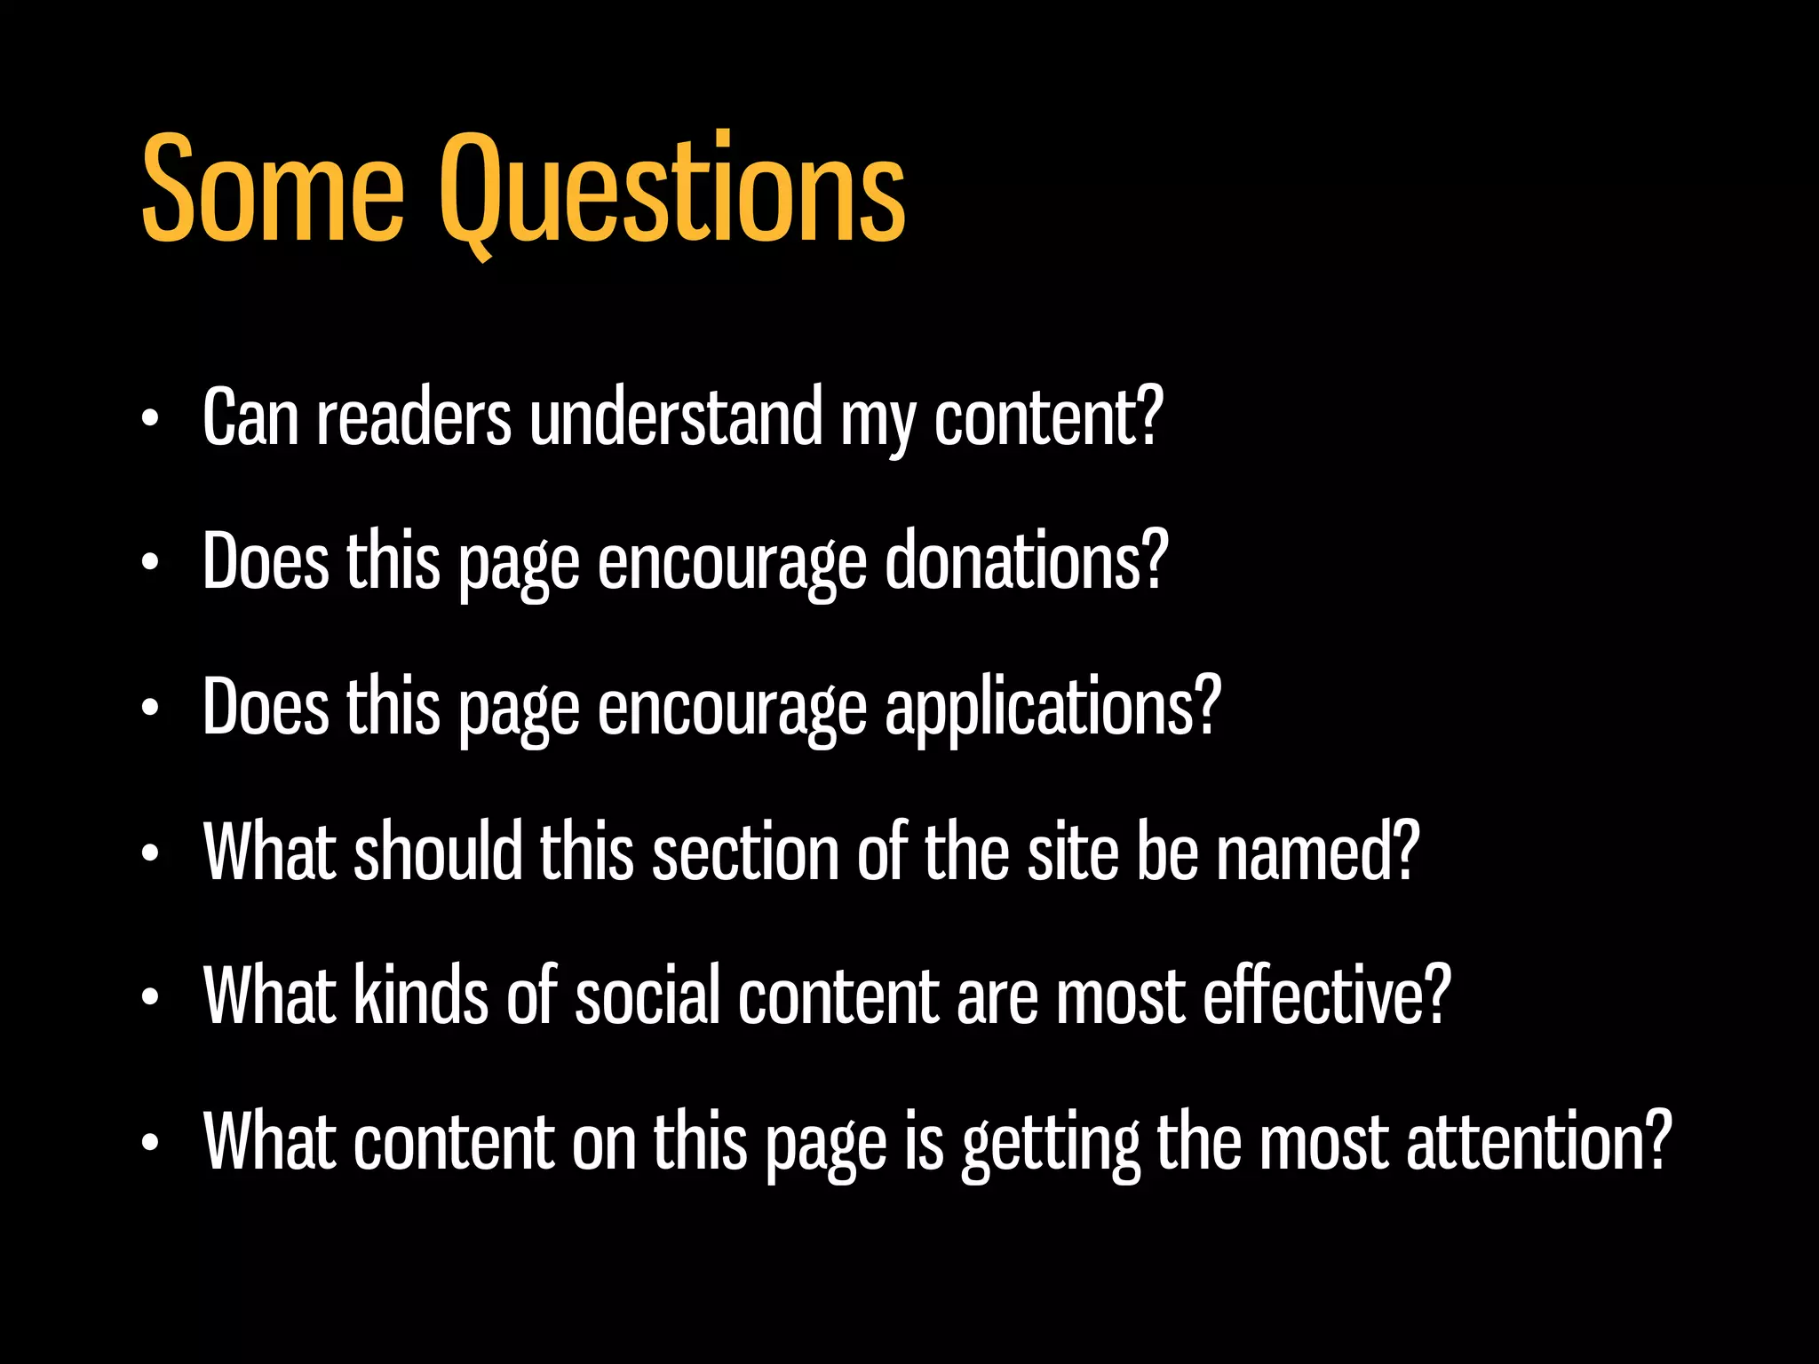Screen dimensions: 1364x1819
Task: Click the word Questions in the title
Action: (672, 191)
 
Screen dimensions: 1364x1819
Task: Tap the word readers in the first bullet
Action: (414, 418)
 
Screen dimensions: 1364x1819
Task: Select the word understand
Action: (676, 418)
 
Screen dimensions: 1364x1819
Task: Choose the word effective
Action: (1312, 996)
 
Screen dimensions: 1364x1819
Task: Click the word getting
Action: (1051, 1143)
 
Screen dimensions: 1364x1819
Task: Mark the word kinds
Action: (421, 996)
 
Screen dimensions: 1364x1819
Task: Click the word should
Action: (438, 852)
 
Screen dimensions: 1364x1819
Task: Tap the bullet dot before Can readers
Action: (150, 420)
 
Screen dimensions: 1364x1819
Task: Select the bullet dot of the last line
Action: (150, 1144)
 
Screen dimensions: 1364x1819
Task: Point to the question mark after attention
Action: (1658, 1140)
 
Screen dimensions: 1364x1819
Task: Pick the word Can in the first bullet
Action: (250, 418)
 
